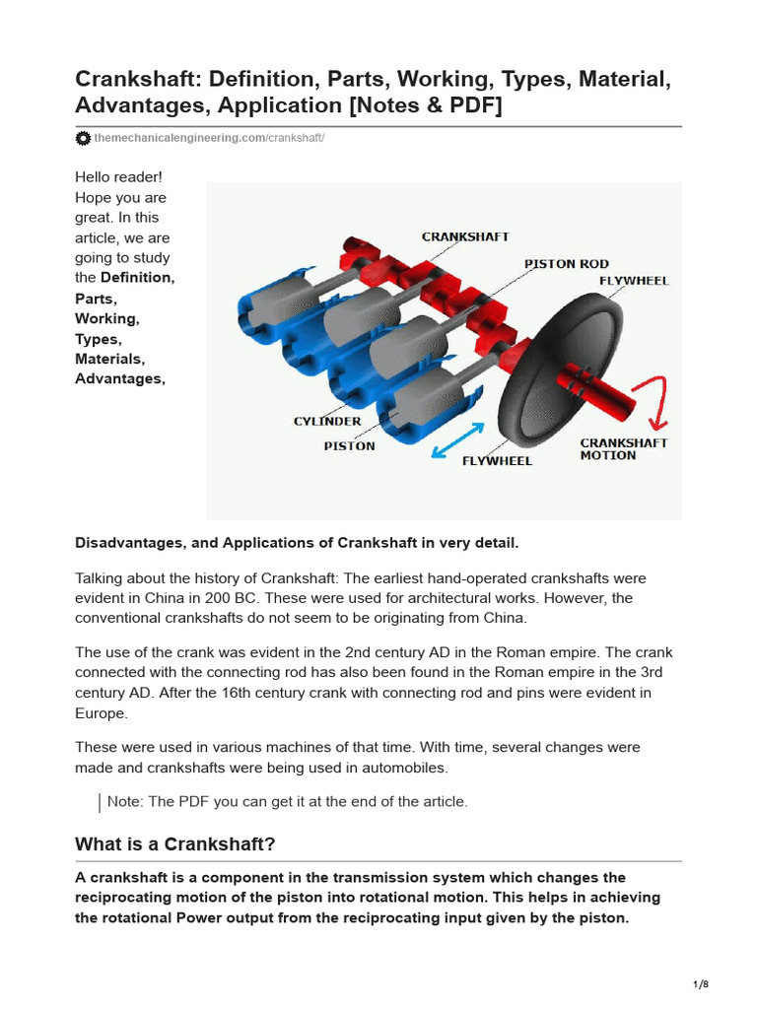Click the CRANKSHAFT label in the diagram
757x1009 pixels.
tap(465, 236)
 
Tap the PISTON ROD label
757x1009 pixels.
tap(566, 264)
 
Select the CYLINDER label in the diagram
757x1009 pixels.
tap(327, 422)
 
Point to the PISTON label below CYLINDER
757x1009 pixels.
tap(350, 445)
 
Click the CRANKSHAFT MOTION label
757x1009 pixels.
tap(623, 449)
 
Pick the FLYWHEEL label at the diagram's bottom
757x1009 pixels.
tap(497, 460)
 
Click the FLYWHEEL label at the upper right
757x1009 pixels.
tap(634, 281)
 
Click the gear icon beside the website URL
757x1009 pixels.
tap(83, 139)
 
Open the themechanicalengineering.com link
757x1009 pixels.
tap(179, 139)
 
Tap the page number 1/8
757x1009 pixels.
tap(701, 984)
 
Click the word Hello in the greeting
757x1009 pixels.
tap(97, 177)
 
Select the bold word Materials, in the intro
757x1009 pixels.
tap(109, 359)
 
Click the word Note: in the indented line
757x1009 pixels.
tap(125, 802)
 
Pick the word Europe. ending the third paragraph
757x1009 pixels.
tap(102, 713)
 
